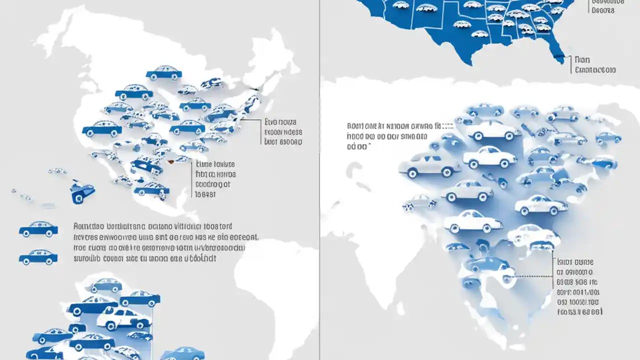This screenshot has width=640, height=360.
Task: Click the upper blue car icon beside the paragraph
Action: pos(38,229)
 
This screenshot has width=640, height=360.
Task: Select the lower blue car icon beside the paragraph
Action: pos(38,257)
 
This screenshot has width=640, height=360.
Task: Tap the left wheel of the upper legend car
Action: pos(26,233)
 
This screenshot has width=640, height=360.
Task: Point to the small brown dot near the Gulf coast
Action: pos(170,161)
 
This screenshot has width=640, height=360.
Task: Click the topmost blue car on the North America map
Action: pos(164,73)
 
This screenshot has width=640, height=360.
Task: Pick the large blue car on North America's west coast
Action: pos(102,129)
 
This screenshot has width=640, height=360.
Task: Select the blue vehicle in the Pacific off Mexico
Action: pos(82,191)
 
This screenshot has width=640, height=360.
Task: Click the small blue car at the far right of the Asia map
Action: pos(608,137)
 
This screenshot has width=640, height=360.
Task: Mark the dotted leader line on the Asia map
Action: pos(535,275)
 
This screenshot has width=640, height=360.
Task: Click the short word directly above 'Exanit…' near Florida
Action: pos(582,59)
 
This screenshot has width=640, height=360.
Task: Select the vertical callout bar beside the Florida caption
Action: pos(570,64)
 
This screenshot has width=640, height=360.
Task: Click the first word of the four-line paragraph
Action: pos(86,226)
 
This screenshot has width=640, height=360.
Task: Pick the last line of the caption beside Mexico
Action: pos(205,195)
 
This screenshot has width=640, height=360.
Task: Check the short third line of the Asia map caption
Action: pos(359,146)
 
